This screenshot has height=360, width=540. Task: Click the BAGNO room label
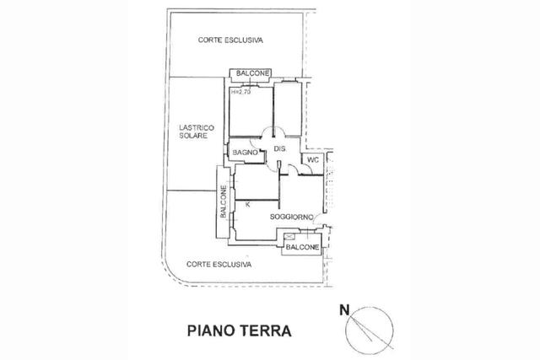(x=246, y=152)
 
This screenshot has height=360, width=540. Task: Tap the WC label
(x=313, y=160)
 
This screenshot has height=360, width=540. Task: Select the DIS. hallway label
(x=279, y=148)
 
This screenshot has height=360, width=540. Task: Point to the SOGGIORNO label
(x=291, y=217)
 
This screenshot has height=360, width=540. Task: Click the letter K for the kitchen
(x=247, y=204)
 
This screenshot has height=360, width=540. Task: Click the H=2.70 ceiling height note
(x=240, y=92)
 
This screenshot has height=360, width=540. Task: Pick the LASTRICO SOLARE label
(x=197, y=132)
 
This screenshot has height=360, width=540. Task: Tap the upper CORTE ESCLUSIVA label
(x=230, y=40)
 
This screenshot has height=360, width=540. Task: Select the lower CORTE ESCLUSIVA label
(x=219, y=265)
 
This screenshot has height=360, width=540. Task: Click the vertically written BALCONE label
(x=223, y=201)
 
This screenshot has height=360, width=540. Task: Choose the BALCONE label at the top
(x=252, y=73)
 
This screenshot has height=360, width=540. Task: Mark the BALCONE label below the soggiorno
(x=302, y=247)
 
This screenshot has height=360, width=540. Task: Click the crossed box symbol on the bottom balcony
(x=289, y=236)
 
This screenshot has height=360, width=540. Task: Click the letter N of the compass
(x=344, y=310)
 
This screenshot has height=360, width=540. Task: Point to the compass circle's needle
(x=361, y=328)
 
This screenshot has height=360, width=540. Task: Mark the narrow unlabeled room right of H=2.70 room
(x=288, y=109)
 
